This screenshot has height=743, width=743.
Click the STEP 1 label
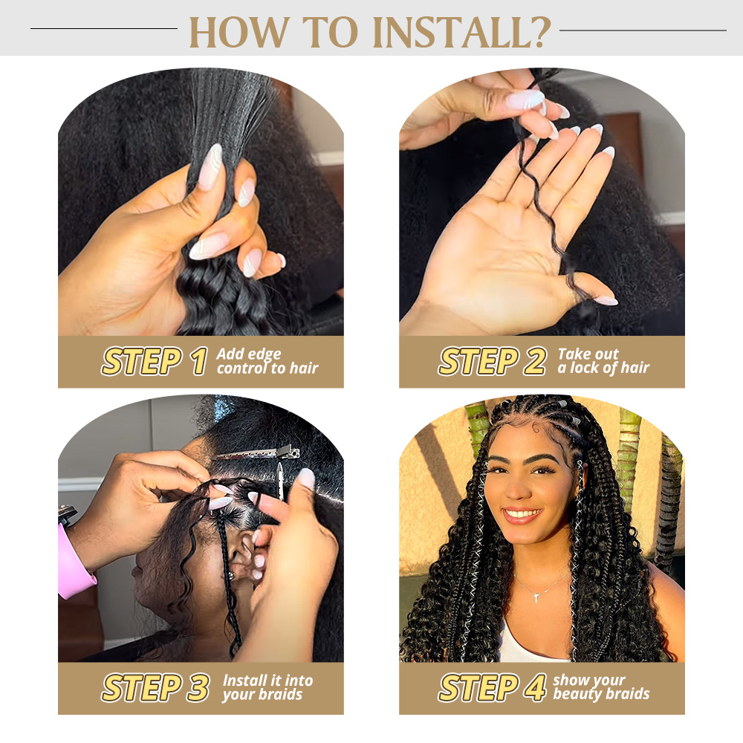[x=154, y=362]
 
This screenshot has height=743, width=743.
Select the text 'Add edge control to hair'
[x=267, y=361]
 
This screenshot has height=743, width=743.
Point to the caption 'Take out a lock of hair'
[x=603, y=361]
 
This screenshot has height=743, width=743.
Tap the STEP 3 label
[x=155, y=688]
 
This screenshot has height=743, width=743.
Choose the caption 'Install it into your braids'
[x=267, y=687]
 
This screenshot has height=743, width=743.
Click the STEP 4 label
[x=492, y=688]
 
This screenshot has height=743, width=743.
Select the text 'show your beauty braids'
[x=600, y=687]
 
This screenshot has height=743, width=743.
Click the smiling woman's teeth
[x=522, y=513]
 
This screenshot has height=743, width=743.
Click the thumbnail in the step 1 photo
[x=210, y=166]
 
